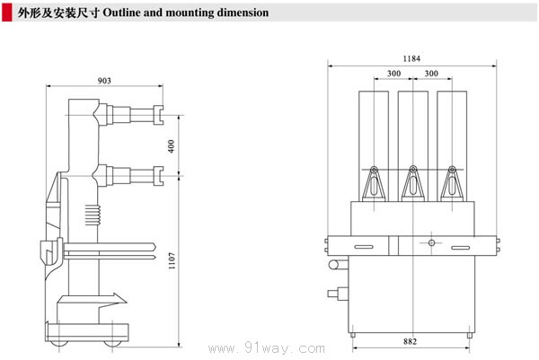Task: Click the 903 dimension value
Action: pyautogui.click(x=104, y=81)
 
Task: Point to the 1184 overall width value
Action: pyautogui.click(x=411, y=58)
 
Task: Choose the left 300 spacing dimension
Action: pyautogui.click(x=393, y=74)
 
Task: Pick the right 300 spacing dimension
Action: pyautogui.click(x=431, y=74)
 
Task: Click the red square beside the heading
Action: pyautogui.click(x=9, y=13)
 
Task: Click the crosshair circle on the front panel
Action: pyautogui.click(x=431, y=242)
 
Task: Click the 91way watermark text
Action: pyautogui.click(x=283, y=347)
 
